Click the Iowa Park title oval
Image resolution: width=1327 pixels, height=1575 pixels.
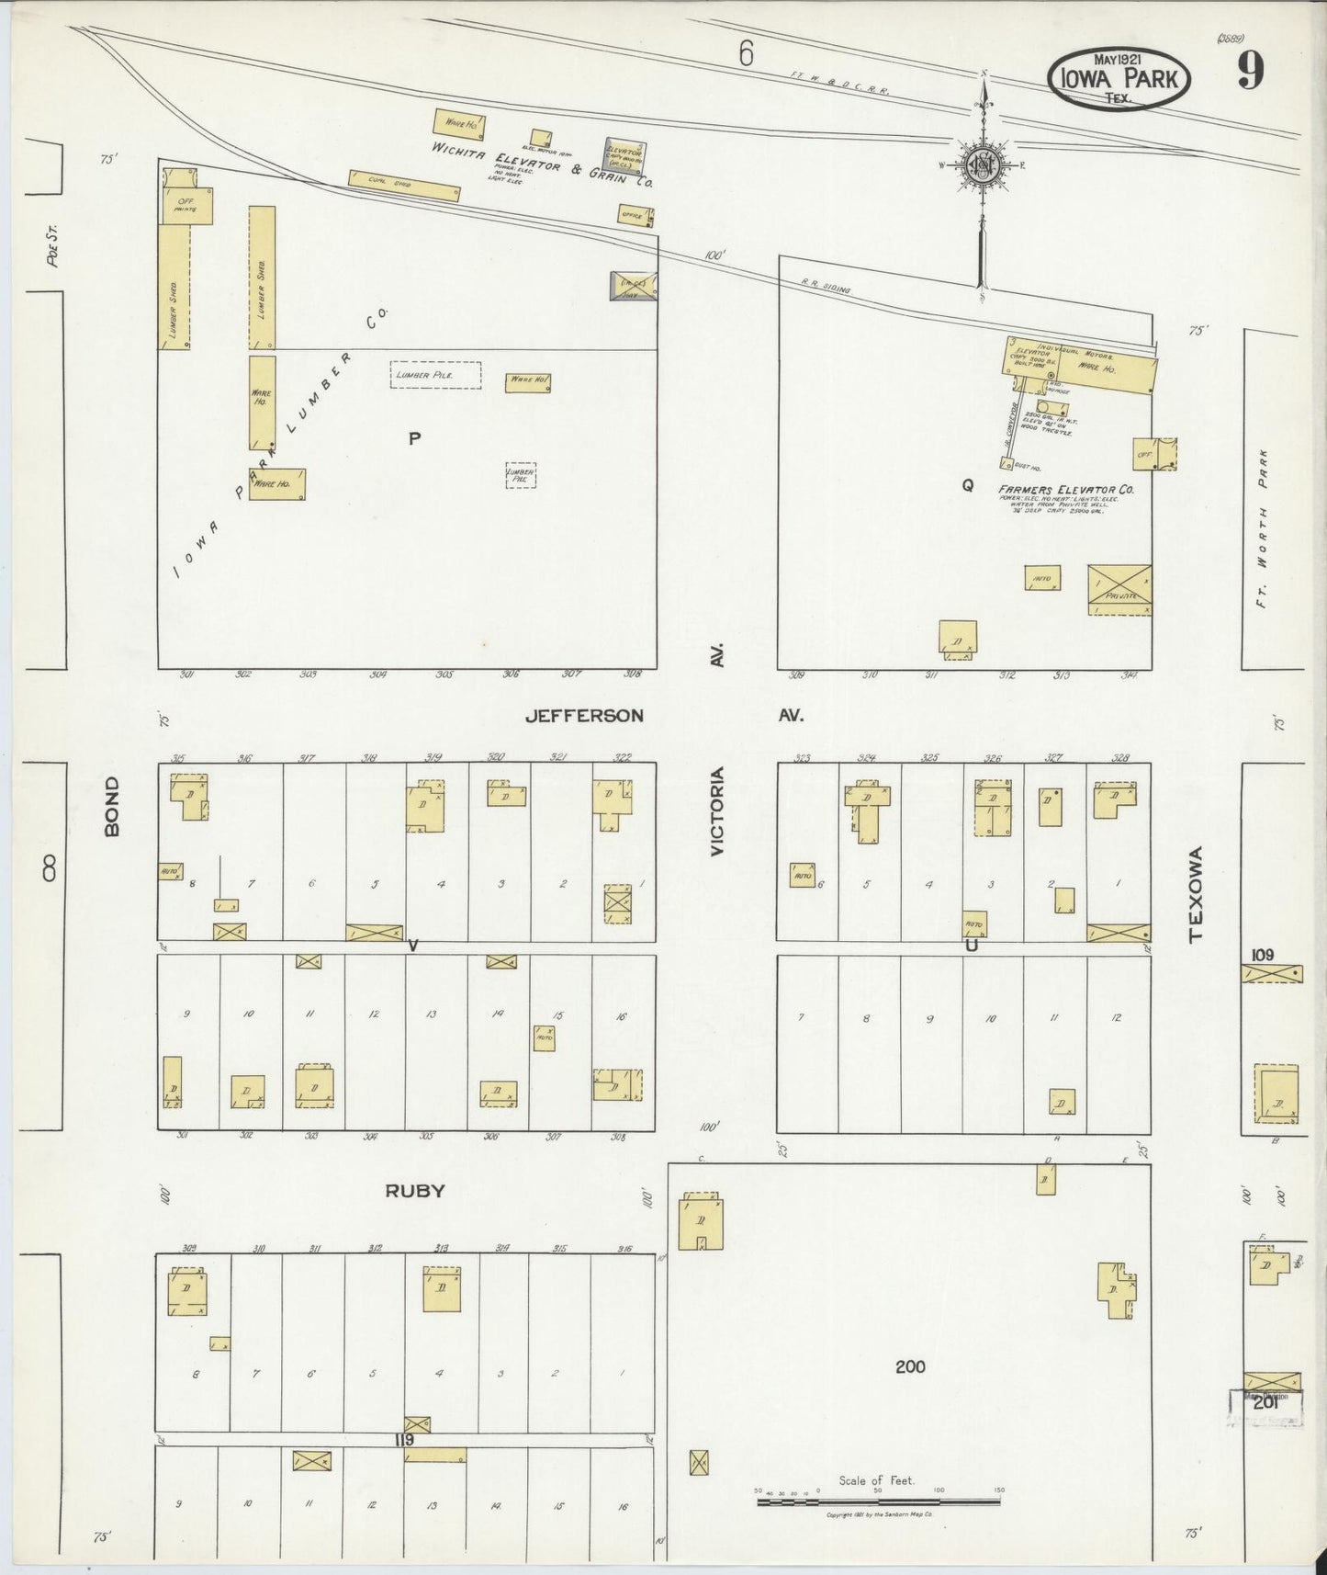coord(1119,77)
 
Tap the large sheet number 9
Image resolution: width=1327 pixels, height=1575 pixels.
coord(1250,71)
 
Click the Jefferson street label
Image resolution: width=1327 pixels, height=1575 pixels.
coord(584,715)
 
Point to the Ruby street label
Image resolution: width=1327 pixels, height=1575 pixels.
coord(414,1191)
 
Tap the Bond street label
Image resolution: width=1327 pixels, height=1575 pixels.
coord(112,806)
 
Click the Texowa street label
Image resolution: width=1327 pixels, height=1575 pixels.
coord(1195,894)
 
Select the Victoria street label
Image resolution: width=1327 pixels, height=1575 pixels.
coord(718,812)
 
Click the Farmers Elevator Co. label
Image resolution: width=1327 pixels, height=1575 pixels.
coord(1066,490)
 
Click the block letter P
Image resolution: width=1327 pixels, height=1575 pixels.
coord(414,439)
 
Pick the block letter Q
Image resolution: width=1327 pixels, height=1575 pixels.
coord(967,487)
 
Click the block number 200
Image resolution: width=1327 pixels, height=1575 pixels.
coord(909,1366)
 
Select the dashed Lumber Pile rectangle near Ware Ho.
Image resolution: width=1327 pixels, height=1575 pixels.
coord(435,375)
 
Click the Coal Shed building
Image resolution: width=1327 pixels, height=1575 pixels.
coord(403,186)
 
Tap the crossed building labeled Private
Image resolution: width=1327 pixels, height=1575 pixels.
coord(1119,589)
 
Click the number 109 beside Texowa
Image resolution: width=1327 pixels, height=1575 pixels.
coord(1262,955)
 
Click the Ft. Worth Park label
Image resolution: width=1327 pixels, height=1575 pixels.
coord(1263,532)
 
